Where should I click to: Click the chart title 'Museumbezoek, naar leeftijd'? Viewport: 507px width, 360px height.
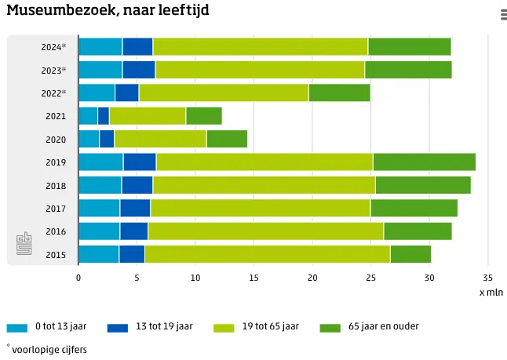108,11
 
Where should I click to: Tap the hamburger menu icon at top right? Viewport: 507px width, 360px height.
502,14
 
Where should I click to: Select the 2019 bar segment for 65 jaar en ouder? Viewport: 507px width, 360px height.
424,162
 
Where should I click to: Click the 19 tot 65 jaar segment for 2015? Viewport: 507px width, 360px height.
267,254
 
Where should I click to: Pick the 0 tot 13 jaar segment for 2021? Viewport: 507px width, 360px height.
88,116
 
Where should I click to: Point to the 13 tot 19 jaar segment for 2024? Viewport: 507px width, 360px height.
137,47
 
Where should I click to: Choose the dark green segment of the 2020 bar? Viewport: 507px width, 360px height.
227,139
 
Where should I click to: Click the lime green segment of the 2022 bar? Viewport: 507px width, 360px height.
224,93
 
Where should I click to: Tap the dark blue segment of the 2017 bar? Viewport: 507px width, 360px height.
135,208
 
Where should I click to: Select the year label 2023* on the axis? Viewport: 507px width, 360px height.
54,71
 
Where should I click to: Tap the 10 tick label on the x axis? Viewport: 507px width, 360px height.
195,278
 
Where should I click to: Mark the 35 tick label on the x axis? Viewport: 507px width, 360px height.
487,278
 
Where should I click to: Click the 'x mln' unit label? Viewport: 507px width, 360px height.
492,292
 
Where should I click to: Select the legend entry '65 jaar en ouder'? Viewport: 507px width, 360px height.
384,326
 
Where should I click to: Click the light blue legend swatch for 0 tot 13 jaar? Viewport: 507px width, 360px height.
16,327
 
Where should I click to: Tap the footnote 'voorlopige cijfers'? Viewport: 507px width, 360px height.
49,350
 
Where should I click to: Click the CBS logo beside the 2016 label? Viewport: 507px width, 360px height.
24,242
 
